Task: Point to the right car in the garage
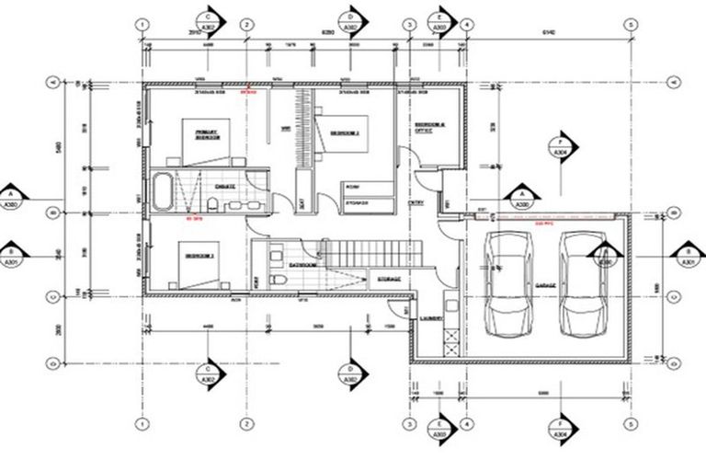585,282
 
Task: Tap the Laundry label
432,319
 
